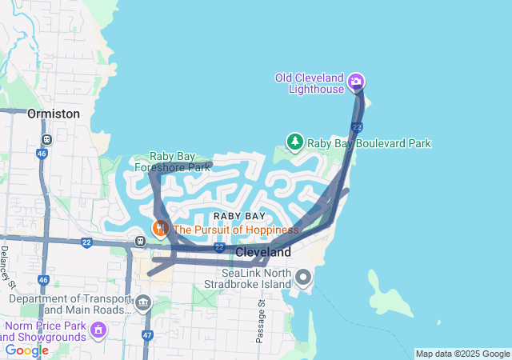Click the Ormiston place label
tap(54, 114)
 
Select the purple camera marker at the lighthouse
tap(356, 81)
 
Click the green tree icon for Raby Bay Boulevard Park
tap(294, 142)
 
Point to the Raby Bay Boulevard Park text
tap(369, 143)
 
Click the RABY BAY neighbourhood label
tap(239, 216)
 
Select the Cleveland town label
tap(263, 252)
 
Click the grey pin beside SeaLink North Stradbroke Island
tap(303, 278)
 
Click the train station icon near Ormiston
tap(46, 138)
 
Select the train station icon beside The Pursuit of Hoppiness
tap(141, 240)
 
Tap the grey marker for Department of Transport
tap(143, 302)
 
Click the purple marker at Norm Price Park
tap(98, 328)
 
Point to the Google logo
tap(26, 350)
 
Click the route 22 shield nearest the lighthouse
tap(357, 127)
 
